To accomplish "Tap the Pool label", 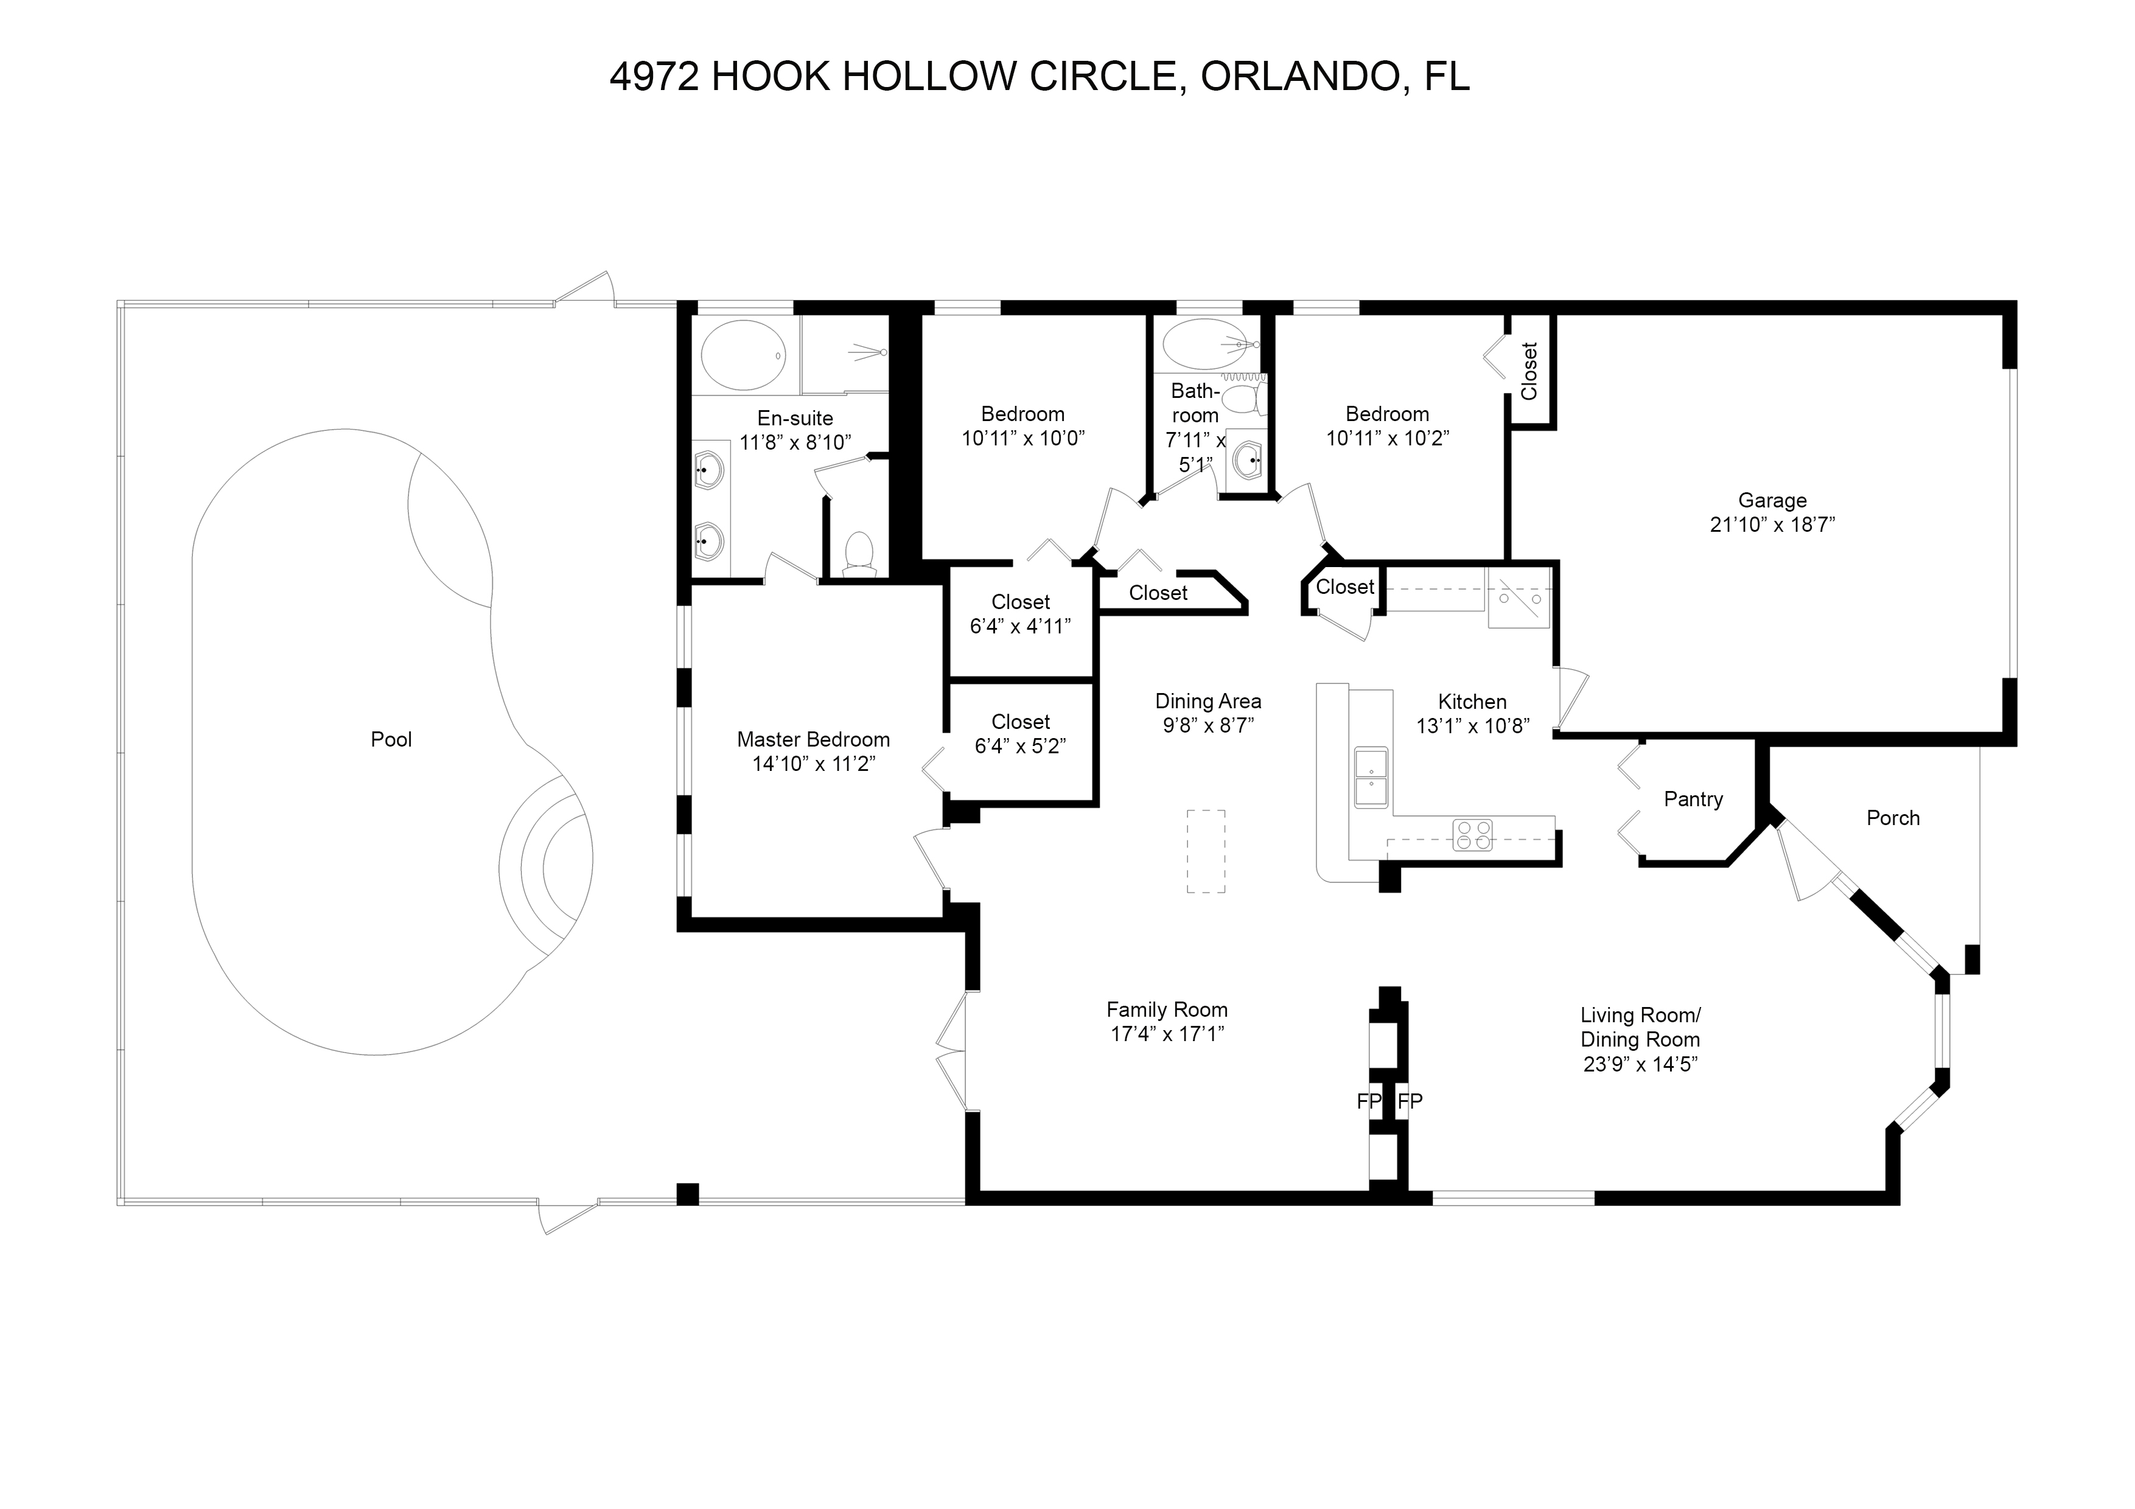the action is coord(391,740).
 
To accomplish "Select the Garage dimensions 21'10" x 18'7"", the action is coord(1772,524).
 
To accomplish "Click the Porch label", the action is coord(1893,818).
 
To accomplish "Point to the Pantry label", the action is coord(1693,800).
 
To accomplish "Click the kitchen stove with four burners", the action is coord(1473,834).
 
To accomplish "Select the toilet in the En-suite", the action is coord(859,554).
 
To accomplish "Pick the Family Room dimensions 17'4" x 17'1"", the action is coord(1167,1034).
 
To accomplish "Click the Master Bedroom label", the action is coord(814,740).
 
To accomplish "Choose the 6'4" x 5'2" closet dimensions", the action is coord(1020,745).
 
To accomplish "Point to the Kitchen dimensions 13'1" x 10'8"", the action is coord(1473,726).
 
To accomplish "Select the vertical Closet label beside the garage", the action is coord(1529,371).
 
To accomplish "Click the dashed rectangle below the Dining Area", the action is coord(1206,852).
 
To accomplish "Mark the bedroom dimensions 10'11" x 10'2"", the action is coord(1388,438).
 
